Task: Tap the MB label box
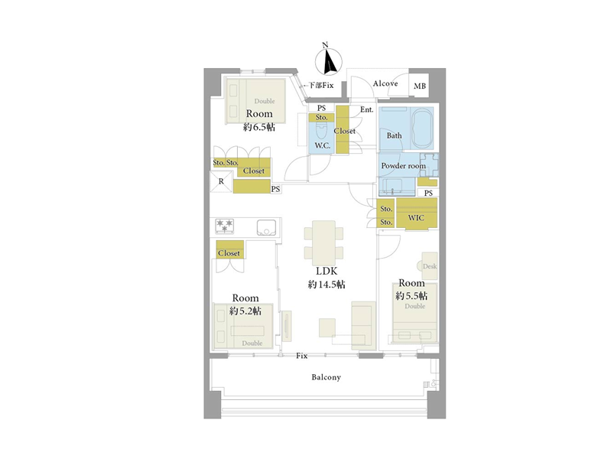(420, 86)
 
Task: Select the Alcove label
(385, 83)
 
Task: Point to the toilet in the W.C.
(321, 132)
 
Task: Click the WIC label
(416, 217)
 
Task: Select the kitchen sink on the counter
(266, 227)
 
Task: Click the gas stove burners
(225, 226)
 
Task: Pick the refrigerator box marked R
(221, 181)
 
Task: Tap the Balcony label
(327, 377)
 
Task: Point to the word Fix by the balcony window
(301, 356)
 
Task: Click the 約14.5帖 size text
(327, 285)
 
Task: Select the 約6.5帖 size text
(259, 127)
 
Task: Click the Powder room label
(403, 165)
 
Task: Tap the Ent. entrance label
(367, 109)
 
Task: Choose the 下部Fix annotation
(319, 85)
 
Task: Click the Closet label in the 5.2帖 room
(229, 253)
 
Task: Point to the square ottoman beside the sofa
(327, 327)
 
